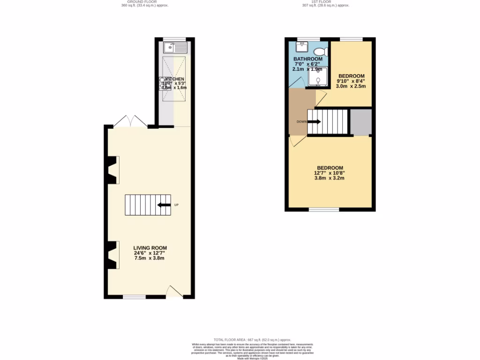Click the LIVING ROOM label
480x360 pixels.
[x=150, y=248]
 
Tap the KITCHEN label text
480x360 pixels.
[x=174, y=79]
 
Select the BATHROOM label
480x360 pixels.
[x=308, y=59]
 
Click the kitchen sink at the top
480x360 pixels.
[x=176, y=47]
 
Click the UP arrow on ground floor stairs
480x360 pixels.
[x=164, y=205]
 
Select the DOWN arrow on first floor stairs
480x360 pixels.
[x=314, y=122]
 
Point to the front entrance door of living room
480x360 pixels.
[x=174, y=292]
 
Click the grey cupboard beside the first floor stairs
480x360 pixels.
[x=361, y=122]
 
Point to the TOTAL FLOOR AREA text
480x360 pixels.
[x=252, y=340]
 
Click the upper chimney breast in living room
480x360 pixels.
[x=112, y=170]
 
